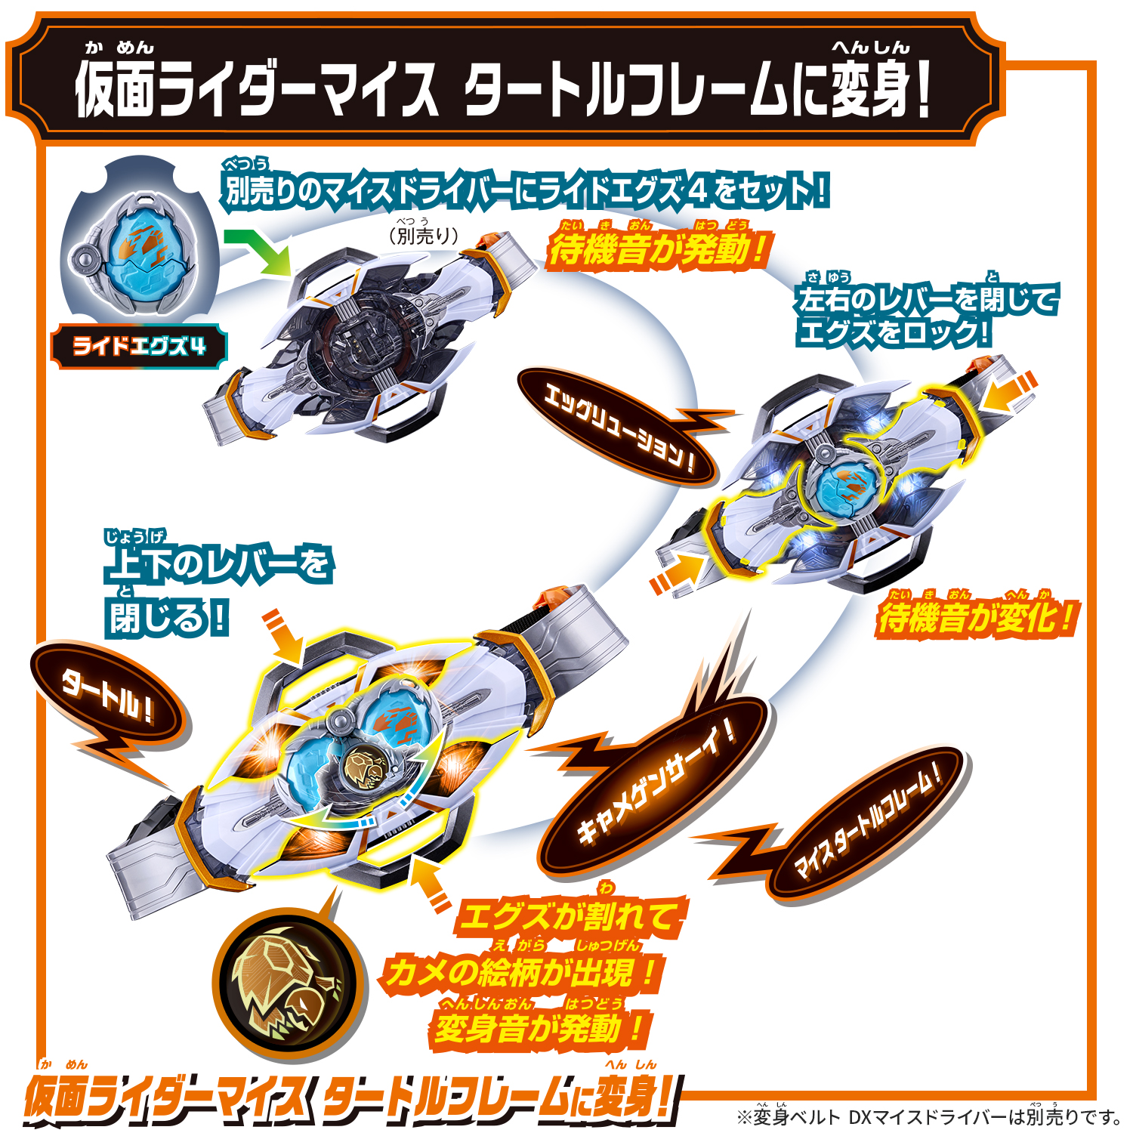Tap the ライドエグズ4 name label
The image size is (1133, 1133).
click(139, 347)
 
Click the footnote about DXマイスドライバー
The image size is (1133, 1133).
click(929, 1115)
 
